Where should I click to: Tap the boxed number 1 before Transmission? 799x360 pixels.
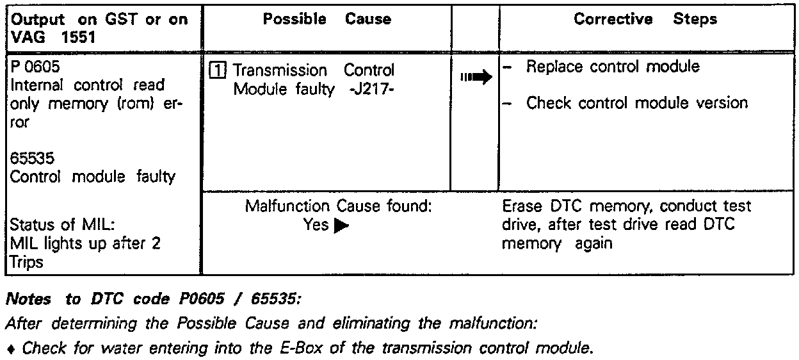218,70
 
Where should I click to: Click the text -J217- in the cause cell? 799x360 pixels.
371,90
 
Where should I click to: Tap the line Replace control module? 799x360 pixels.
613,67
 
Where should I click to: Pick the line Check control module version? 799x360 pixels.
636,102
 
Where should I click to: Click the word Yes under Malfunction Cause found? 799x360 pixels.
317,225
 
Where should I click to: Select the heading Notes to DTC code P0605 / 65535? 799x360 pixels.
152,299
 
